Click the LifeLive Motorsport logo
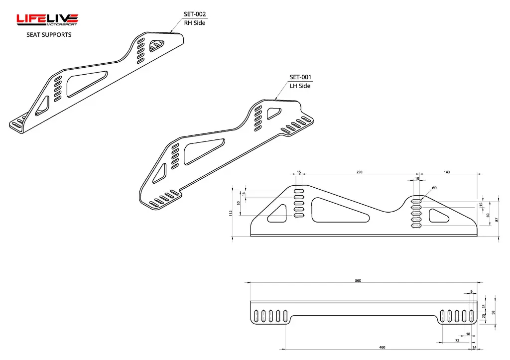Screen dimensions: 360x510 point(47,19)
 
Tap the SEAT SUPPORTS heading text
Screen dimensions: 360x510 point(49,35)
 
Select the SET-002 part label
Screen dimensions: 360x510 point(195,14)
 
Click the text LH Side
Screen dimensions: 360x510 point(300,86)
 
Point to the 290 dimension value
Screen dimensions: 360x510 point(359,172)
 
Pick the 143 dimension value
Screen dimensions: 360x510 point(447,172)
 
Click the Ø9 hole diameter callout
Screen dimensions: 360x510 point(434,188)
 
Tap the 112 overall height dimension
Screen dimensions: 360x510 point(231,213)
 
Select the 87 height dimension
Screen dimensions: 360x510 point(497,220)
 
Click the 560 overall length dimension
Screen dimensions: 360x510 point(358,281)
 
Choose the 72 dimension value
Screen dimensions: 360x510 point(457,341)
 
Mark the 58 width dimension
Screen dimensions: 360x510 point(493,313)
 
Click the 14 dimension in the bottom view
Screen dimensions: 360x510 point(474,348)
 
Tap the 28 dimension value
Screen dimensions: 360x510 point(483,306)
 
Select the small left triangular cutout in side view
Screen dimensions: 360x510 point(279,214)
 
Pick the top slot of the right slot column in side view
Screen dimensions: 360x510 point(416,201)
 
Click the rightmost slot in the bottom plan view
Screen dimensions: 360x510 point(471,316)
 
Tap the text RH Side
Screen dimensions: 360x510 point(195,23)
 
